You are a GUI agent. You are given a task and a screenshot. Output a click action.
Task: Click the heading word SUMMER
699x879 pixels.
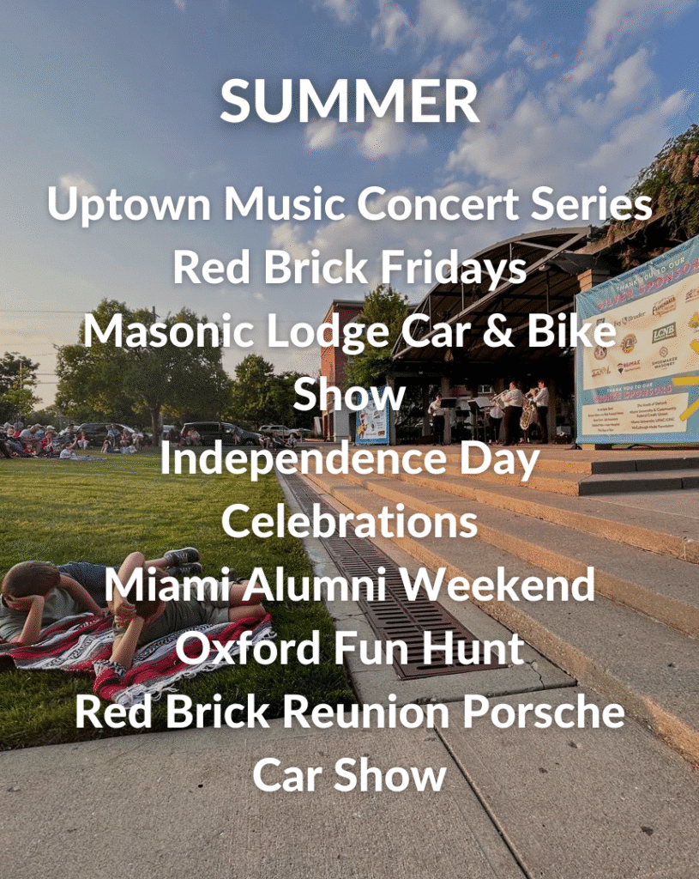[349, 102]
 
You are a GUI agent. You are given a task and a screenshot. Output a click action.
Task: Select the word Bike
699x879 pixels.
[575, 332]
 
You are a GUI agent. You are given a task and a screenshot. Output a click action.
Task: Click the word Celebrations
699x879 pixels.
[349, 522]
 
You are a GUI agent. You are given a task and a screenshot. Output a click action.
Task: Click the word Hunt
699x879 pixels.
[476, 649]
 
